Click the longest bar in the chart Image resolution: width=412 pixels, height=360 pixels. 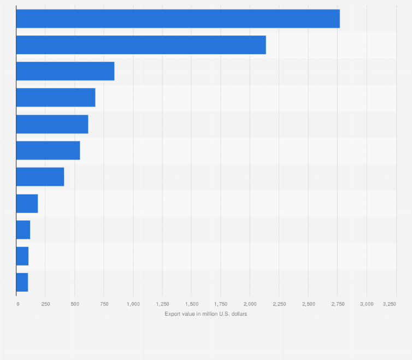click(178, 19)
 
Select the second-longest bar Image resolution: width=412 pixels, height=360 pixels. click(141, 45)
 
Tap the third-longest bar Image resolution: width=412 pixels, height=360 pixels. click(65, 71)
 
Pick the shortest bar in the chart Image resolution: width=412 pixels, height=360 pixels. click(22, 282)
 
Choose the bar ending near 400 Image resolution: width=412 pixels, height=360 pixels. click(40, 176)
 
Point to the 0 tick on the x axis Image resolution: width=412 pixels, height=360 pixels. click(17, 304)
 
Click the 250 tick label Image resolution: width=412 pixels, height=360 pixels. click(46, 304)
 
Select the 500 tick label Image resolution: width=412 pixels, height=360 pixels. click(75, 304)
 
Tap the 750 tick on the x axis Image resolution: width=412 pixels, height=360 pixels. click(104, 304)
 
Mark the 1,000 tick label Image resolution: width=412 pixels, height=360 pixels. click(133, 304)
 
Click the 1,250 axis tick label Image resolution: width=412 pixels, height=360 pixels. click(162, 304)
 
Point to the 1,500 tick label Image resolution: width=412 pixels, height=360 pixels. click(192, 304)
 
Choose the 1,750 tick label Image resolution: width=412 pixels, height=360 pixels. click(221, 304)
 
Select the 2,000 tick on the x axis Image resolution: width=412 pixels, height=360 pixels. click(250, 304)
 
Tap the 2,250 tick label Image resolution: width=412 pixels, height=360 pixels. click(279, 304)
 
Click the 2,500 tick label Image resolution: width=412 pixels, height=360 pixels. click(308, 304)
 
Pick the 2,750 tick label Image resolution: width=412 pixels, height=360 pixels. click(338, 304)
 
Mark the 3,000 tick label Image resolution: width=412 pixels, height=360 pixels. click(367, 304)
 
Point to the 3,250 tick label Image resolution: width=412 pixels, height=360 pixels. click(389, 304)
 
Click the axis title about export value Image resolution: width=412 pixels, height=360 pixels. click(206, 314)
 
